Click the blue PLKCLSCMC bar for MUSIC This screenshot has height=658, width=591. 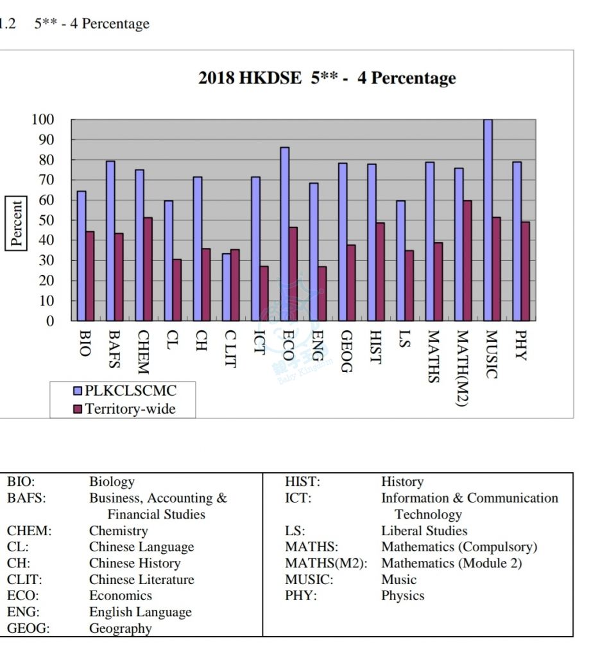pos(488,220)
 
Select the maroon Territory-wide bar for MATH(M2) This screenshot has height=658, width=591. pos(467,261)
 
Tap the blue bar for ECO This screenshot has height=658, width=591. pos(285,234)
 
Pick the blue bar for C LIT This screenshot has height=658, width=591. pos(227,287)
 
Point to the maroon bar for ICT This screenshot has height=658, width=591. pos(264,293)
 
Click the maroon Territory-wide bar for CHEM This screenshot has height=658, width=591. pos(148,269)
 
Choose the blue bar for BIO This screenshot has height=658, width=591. pos(81,256)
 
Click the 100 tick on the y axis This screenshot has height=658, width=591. pos(43,120)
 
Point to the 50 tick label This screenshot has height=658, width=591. pos(46,220)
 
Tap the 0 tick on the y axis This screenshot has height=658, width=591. pos(50,321)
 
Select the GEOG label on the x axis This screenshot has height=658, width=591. pos(347,351)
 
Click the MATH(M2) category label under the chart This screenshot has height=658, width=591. pos(462,368)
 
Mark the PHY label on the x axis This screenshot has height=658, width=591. pos(520,345)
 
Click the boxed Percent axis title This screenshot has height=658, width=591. pos(16,223)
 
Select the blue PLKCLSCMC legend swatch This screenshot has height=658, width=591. pos(78,391)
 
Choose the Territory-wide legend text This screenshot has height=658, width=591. pos(130,409)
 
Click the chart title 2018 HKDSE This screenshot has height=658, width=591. pos(250,78)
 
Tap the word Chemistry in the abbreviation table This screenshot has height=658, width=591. pos(119,531)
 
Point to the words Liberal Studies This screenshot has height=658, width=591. pos(424,531)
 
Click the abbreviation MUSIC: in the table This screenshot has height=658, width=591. pos(309,580)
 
